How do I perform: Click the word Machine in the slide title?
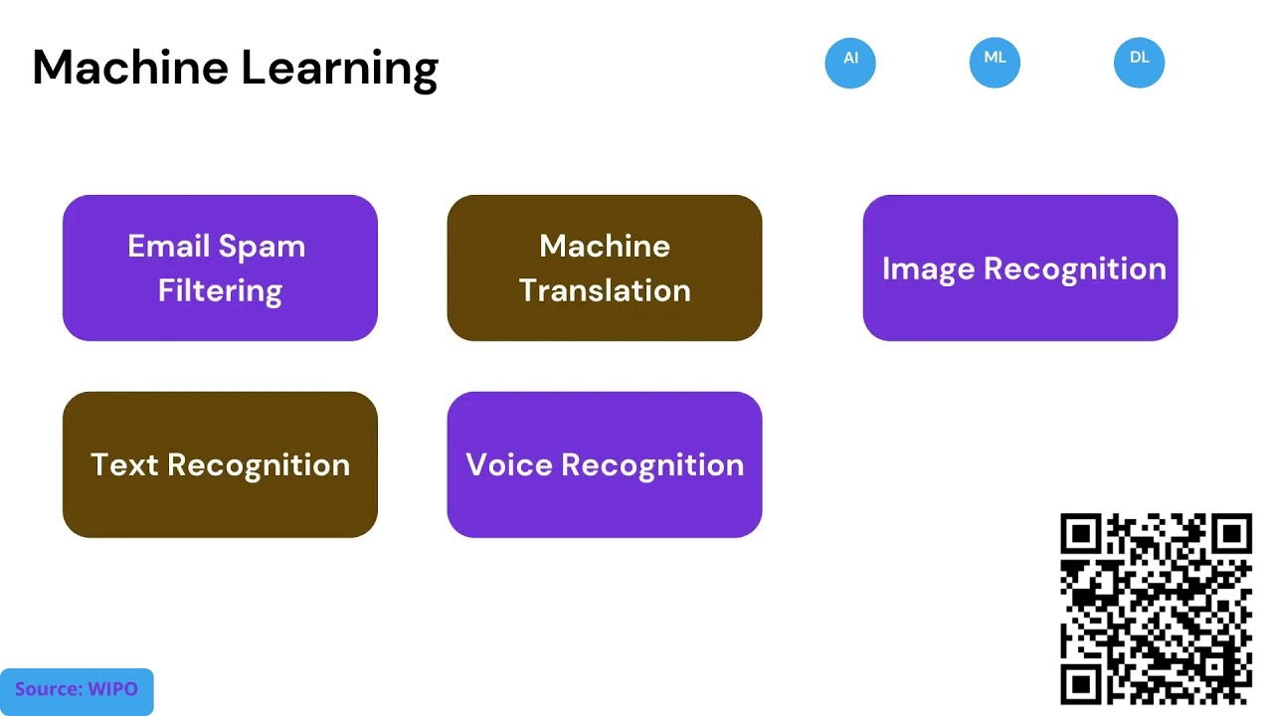(130, 68)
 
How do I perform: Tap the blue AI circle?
(850, 63)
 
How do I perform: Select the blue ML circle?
(995, 63)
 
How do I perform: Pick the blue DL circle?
(1139, 63)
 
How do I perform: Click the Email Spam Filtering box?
(220, 268)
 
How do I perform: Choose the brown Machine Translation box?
(605, 268)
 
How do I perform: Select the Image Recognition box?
(1020, 268)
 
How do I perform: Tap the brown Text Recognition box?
(220, 464)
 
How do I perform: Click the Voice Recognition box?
(605, 464)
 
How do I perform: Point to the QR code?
(1156, 609)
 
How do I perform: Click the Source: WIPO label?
(77, 690)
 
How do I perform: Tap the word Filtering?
(220, 291)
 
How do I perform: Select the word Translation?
(605, 290)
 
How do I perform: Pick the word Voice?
(508, 464)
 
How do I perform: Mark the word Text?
(124, 464)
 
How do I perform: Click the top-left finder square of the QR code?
(1081, 535)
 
